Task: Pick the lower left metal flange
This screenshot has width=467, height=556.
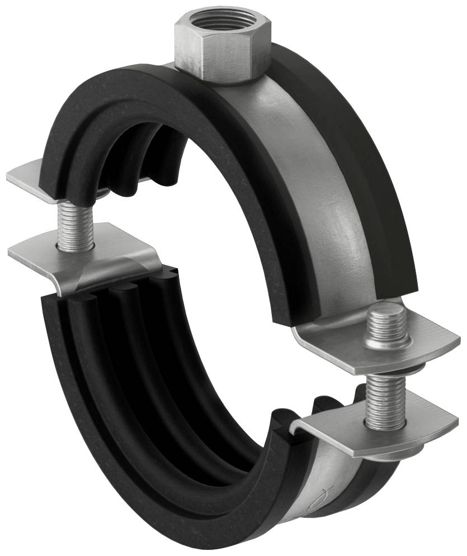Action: (84, 262)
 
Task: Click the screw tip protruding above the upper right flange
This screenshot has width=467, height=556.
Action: (388, 324)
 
